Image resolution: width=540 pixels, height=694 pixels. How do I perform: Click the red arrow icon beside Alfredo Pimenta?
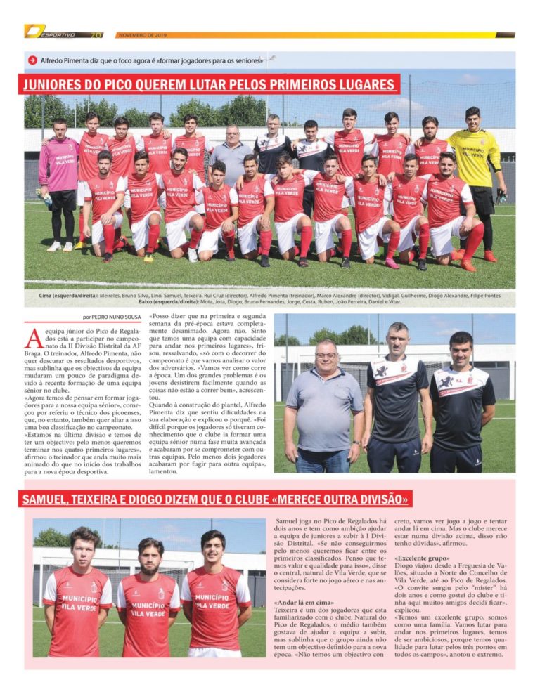[32, 60]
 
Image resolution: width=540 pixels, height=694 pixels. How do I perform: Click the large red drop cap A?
[34, 340]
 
